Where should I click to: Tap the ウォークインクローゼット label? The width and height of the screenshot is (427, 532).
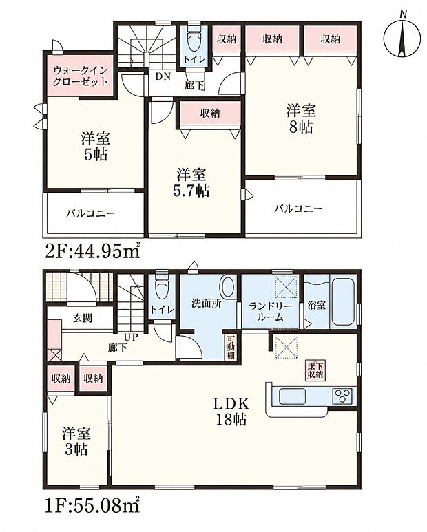point(80,76)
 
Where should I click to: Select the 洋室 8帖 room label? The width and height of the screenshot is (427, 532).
point(301,119)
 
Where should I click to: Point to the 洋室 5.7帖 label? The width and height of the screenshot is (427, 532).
point(191,183)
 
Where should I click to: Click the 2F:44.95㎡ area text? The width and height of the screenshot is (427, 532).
point(92,251)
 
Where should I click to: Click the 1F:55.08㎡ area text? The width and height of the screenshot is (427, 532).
point(92,506)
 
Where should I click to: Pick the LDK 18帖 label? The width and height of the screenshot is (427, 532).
point(231,411)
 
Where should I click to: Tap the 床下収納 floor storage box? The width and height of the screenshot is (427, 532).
point(315,370)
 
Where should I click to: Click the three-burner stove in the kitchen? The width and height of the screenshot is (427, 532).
point(342,396)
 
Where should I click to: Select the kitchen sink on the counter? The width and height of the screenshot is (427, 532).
point(292,396)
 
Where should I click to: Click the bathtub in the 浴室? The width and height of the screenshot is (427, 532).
point(343,301)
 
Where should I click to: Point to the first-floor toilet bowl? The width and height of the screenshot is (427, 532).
point(161,288)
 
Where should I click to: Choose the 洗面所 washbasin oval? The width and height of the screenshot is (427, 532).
point(227,286)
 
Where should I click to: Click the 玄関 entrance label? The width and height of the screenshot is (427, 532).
point(83,318)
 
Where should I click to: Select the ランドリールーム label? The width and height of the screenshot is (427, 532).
point(270,312)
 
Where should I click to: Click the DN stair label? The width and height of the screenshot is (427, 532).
point(163,76)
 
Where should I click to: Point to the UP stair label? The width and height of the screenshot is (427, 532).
point(131,337)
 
